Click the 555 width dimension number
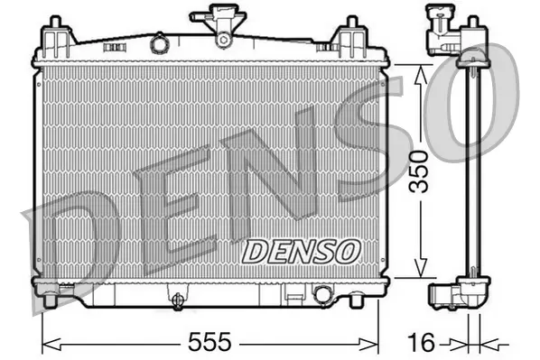(209, 342)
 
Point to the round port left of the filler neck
(159, 42)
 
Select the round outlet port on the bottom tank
(321, 294)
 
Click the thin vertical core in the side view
(468, 171)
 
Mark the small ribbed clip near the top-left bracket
(114, 40)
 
